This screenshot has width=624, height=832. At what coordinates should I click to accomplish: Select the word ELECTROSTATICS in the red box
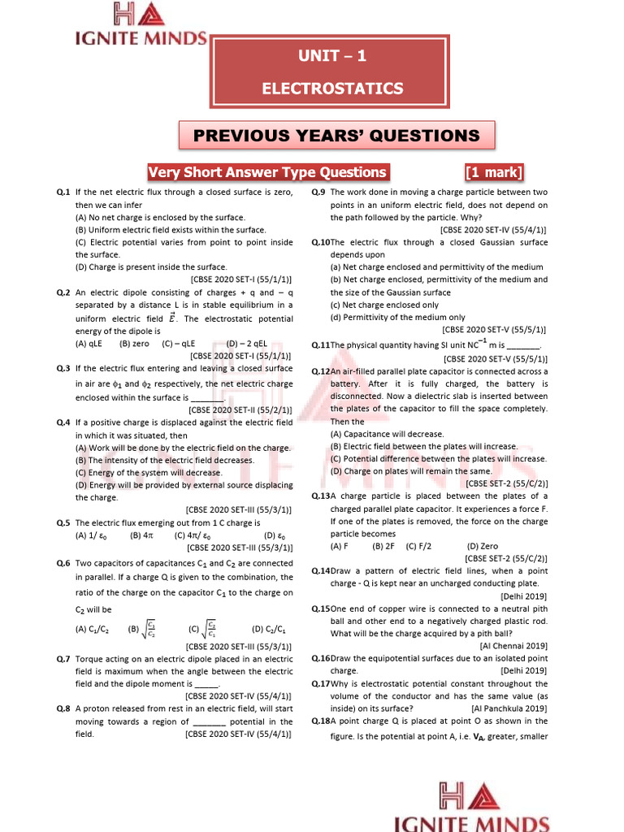point(332,88)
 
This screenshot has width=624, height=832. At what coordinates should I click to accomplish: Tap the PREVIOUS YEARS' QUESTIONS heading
point(336,135)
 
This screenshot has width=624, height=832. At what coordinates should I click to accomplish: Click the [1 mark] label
point(494,172)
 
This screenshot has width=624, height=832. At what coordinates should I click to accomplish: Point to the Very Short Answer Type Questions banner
point(266,172)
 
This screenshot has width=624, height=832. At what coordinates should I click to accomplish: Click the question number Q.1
point(65,193)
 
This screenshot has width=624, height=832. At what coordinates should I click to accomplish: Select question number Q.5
point(63,523)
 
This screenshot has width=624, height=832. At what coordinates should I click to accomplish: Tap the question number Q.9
point(318,193)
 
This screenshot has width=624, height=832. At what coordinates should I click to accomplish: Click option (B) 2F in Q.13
point(383,547)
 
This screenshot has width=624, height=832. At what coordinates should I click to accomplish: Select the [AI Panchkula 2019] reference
point(509,708)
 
